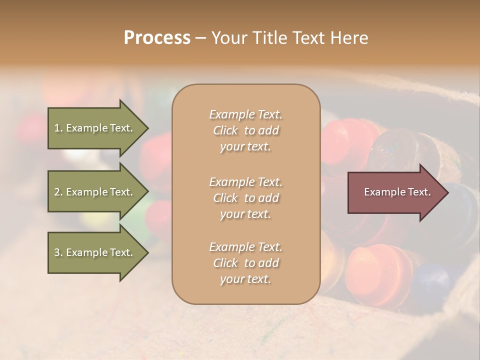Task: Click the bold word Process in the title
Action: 157,38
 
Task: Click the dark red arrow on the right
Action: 395,192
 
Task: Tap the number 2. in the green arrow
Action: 58,192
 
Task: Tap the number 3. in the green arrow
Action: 58,252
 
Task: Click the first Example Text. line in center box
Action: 245,114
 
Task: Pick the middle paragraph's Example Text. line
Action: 245,182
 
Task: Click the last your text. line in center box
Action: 245,279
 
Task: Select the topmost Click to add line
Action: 245,130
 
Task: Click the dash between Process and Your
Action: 200,38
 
